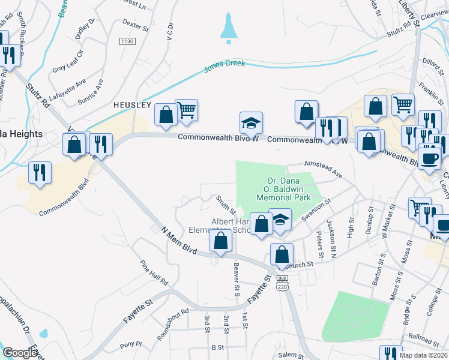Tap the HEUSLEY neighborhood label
pyautogui.click(x=133, y=104)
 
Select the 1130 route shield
pyautogui.click(x=127, y=41)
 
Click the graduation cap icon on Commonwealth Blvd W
pyautogui.click(x=252, y=123)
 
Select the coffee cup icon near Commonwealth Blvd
pyautogui.click(x=429, y=158)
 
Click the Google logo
pyautogui.click(x=20, y=353)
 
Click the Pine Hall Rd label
pyautogui.click(x=154, y=272)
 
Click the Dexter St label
pyautogui.click(x=135, y=26)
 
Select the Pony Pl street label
pyautogui.click(x=130, y=344)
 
